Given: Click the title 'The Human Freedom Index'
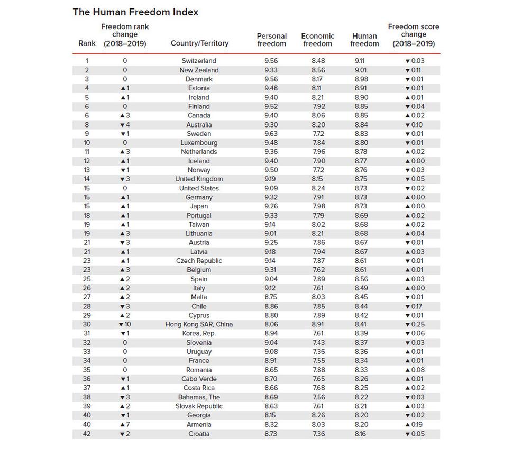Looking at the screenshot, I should coord(135,12).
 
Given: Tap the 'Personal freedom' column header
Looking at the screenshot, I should coord(271,40).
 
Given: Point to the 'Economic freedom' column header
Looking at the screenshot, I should coord(318,40).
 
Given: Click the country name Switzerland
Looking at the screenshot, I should coord(199,61).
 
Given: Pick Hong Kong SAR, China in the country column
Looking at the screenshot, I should coord(199,324).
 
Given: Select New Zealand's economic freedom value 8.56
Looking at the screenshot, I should coord(318,70).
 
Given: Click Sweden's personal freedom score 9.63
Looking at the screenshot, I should coord(271,134).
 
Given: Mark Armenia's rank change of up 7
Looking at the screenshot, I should coord(124,424).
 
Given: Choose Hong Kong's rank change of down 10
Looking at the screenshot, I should coord(124,324).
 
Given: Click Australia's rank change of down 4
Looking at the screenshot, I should coord(124,125).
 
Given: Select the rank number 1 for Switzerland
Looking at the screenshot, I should coord(87,61).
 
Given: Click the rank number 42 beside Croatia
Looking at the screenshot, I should coord(87,434).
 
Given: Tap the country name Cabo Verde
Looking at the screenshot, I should coord(199,379).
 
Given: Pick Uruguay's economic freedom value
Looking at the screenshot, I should coord(318,352).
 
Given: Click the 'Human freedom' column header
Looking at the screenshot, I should coord(364,40).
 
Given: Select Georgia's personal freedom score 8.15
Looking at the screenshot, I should coord(271,415).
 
